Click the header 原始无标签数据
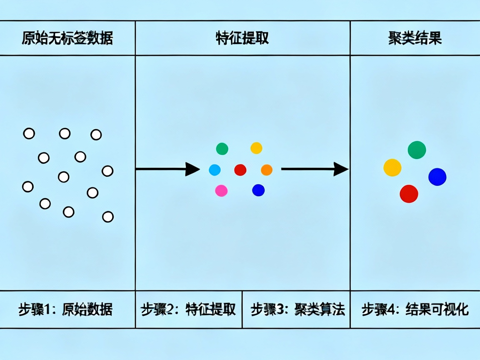tap(67, 38)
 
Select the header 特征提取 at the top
tap(242, 38)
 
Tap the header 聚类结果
tap(415, 38)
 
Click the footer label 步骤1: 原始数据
tap(65, 310)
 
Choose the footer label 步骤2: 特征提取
tap(188, 310)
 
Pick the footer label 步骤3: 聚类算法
tap(298, 310)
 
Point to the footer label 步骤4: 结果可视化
tap(415, 310)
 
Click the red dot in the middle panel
tap(240, 170)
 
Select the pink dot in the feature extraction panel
tap(221, 191)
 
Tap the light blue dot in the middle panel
tap(215, 170)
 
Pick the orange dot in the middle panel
tap(267, 170)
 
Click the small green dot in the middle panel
tap(222, 148)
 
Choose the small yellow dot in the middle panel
tap(256, 148)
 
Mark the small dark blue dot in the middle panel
tap(258, 190)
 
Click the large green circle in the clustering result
tap(417, 150)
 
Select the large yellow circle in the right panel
tap(392, 167)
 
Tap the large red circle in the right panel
tap(409, 194)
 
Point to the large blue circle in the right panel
tap(437, 177)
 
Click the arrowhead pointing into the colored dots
tap(192, 169)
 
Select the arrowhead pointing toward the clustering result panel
tap(341, 169)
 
